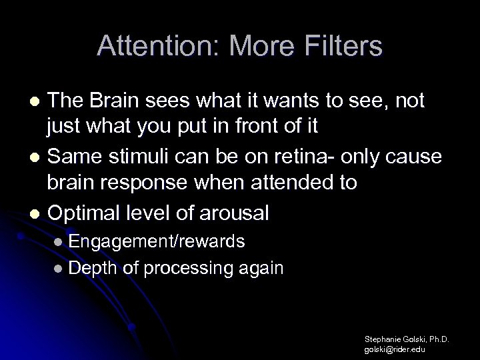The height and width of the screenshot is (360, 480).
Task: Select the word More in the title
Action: [253, 47]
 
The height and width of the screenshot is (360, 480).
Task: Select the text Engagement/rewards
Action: [156, 241]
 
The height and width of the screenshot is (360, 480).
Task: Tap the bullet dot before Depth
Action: [59, 269]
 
